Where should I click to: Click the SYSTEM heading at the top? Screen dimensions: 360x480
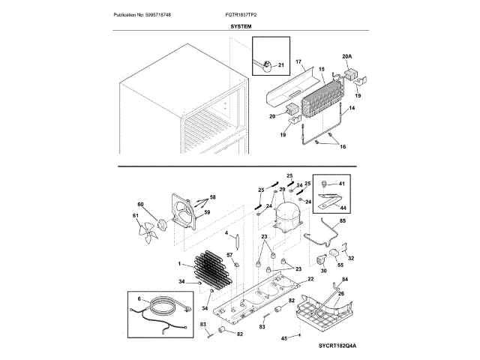pyautogui.click(x=240, y=25)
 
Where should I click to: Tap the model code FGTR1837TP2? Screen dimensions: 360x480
pyautogui.click(x=255, y=15)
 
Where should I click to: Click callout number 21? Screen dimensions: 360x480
pyautogui.click(x=280, y=65)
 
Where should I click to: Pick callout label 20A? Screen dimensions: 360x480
pyautogui.click(x=346, y=56)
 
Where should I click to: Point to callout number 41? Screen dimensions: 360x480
pyautogui.click(x=341, y=183)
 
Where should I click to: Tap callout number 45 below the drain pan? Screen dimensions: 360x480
pyautogui.click(x=284, y=339)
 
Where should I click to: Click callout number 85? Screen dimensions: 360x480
pyautogui.click(x=343, y=222)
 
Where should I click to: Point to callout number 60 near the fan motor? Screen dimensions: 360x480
pyautogui.click(x=139, y=205)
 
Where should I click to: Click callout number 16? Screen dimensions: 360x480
pyautogui.click(x=343, y=147)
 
